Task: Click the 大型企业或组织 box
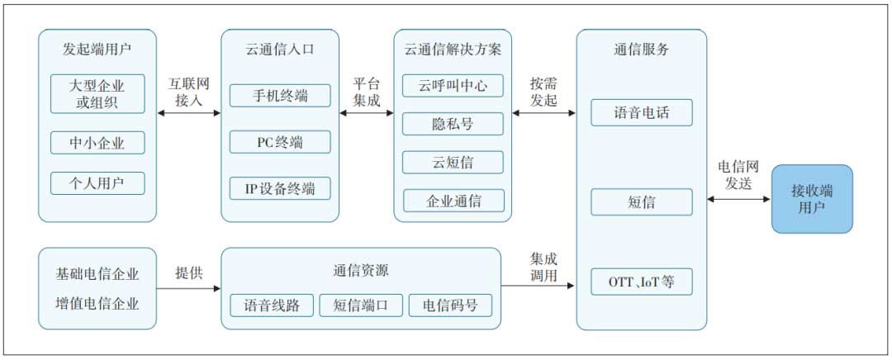click(x=97, y=94)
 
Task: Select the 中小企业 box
click(x=97, y=143)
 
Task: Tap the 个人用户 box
click(x=97, y=183)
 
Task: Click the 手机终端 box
click(x=280, y=96)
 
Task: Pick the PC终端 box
click(x=280, y=142)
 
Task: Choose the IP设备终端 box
click(x=280, y=187)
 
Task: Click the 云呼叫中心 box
click(x=453, y=86)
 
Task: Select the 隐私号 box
click(x=453, y=124)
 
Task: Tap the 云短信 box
click(x=453, y=162)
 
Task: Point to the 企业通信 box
click(x=453, y=201)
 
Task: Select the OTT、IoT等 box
click(x=641, y=282)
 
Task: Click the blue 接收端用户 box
click(x=812, y=199)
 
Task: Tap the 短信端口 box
click(x=361, y=306)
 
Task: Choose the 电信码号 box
click(x=450, y=306)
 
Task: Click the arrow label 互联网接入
click(x=188, y=92)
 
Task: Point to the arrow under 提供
click(x=188, y=288)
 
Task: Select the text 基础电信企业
click(x=97, y=274)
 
